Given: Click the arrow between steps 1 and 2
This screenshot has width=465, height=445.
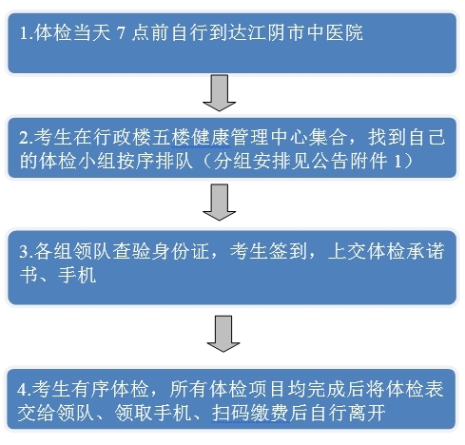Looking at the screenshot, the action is click(x=219, y=93).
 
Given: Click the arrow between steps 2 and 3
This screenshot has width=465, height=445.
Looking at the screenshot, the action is click(x=219, y=203).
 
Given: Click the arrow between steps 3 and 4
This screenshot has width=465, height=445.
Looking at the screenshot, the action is click(x=223, y=334).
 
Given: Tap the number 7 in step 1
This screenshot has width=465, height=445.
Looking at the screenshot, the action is click(x=121, y=32).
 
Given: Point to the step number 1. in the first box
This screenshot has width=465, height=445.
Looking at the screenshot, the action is click(x=27, y=32).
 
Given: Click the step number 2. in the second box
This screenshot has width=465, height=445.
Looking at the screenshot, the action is click(x=26, y=138).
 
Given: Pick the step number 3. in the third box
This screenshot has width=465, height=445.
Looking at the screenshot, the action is click(x=27, y=251).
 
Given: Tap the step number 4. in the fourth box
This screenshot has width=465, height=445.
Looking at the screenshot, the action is click(x=24, y=390).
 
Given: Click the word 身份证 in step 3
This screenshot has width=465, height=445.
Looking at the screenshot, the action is click(x=180, y=251).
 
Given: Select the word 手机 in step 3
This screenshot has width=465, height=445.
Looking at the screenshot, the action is click(x=77, y=275).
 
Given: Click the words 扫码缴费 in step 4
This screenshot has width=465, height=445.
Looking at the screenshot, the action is click(x=250, y=413).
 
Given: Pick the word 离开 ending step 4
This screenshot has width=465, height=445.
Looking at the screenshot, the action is click(x=367, y=413).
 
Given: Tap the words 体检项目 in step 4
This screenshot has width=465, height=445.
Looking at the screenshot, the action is click(x=247, y=390).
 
